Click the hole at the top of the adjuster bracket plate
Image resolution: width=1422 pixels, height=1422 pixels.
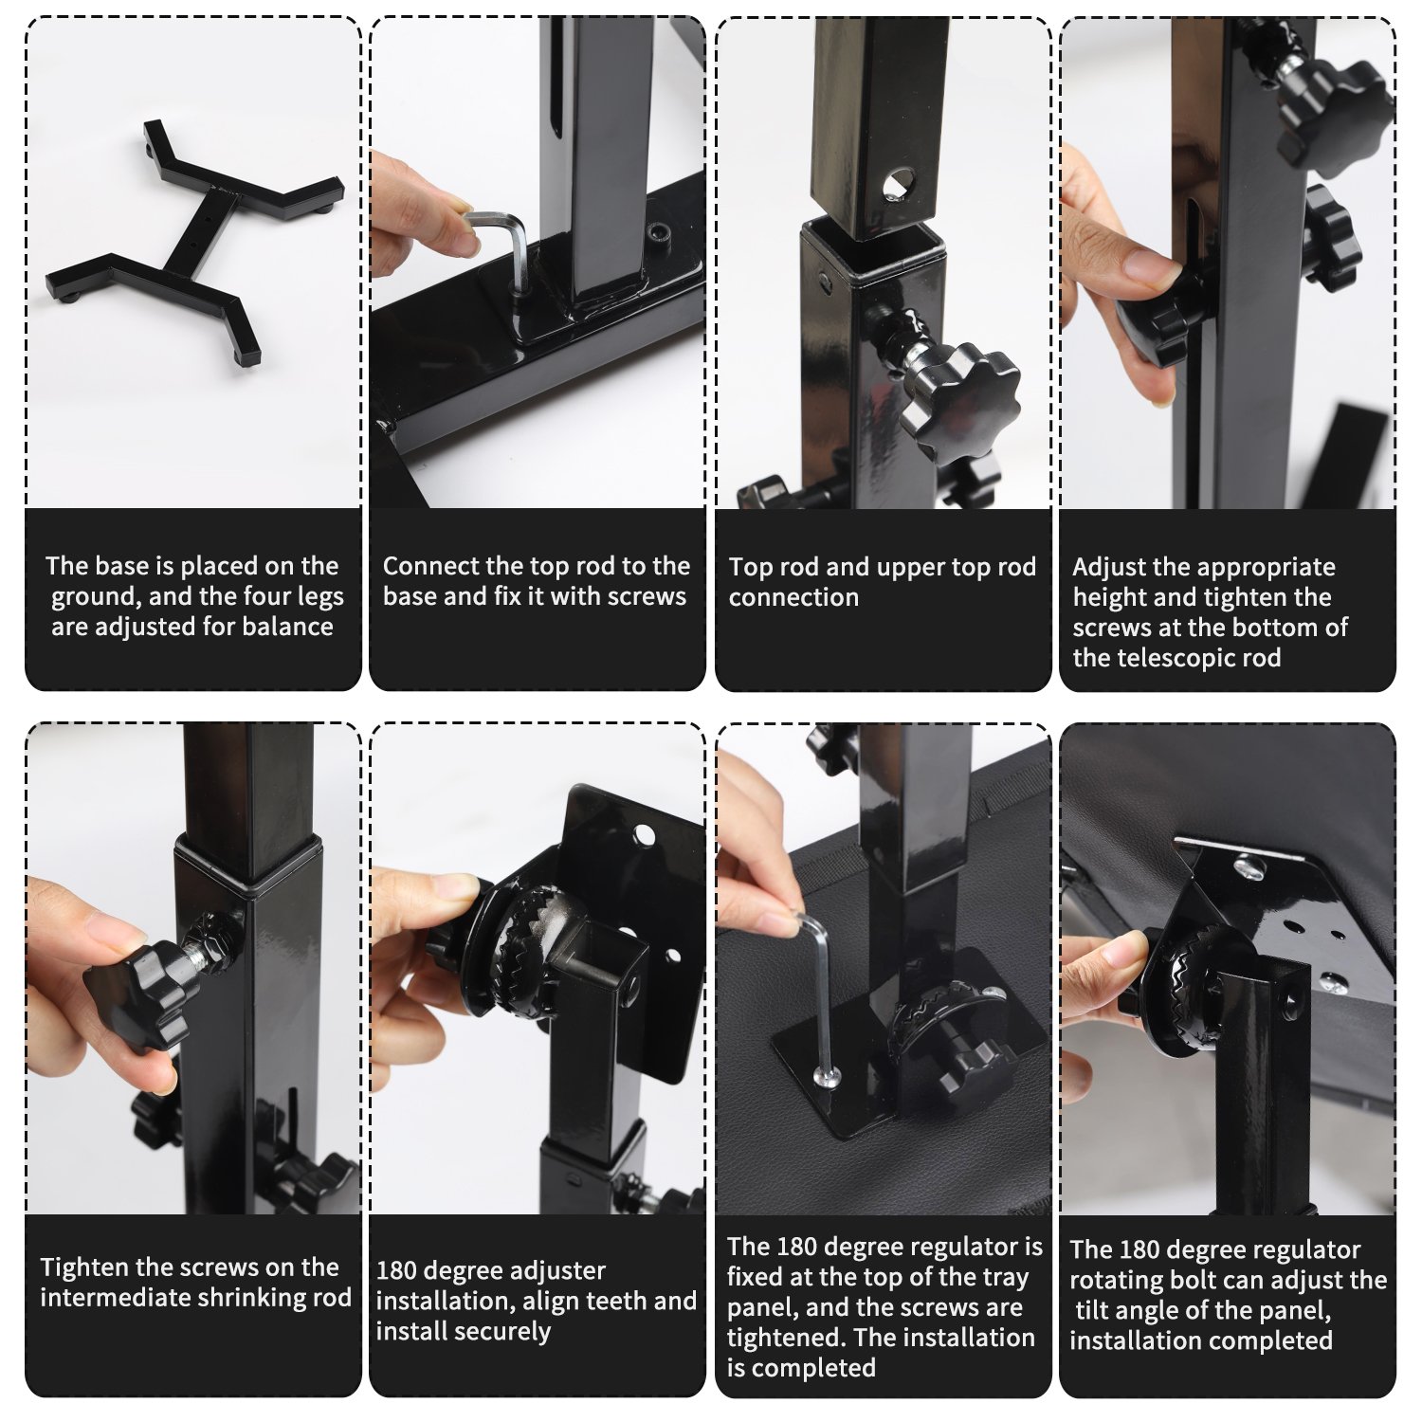point(645,835)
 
